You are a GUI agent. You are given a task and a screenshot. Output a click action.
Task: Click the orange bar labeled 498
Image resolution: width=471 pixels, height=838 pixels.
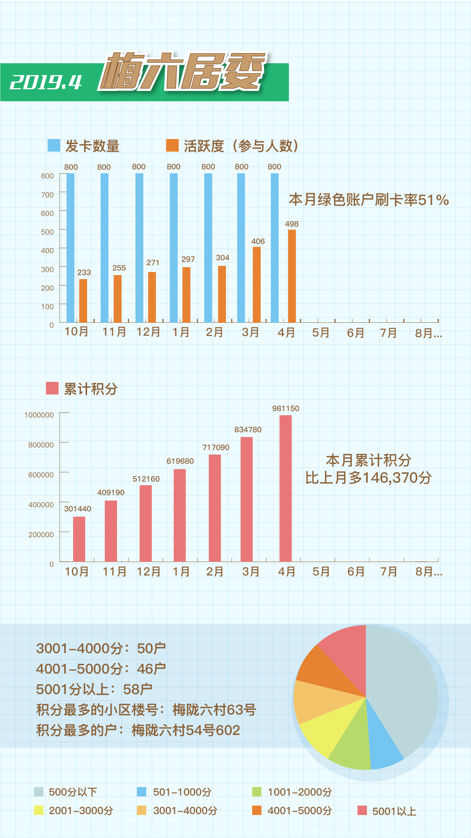[x=292, y=276]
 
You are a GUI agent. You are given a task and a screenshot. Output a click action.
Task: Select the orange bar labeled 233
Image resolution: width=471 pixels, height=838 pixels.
[x=83, y=300]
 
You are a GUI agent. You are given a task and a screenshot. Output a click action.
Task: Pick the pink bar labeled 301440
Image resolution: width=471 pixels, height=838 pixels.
[x=79, y=539]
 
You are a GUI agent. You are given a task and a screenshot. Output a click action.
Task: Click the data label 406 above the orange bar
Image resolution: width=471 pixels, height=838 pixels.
[x=258, y=241]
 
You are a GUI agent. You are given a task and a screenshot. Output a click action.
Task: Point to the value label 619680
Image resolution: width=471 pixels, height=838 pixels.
[x=180, y=461]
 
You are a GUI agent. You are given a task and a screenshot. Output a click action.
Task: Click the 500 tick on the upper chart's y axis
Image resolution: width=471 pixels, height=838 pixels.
[x=47, y=232]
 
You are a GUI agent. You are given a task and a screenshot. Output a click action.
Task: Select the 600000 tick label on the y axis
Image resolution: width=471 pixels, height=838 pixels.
[x=41, y=475]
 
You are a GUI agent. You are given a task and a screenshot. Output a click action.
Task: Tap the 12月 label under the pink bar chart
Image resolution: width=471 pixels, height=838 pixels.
[x=148, y=571]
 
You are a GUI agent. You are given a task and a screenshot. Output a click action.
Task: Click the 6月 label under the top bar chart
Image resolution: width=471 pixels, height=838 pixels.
[x=355, y=333]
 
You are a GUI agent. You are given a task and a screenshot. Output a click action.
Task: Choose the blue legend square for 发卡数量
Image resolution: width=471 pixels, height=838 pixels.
[x=54, y=145]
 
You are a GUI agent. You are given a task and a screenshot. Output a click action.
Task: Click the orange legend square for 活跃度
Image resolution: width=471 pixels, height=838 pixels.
[x=172, y=145]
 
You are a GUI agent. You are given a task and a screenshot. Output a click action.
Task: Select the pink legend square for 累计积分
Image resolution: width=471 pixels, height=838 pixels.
[x=52, y=388]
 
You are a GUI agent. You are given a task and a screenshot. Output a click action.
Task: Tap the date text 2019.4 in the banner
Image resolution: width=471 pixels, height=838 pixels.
[x=46, y=82]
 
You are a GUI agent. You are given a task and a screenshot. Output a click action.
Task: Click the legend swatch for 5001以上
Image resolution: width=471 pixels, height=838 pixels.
[x=362, y=810]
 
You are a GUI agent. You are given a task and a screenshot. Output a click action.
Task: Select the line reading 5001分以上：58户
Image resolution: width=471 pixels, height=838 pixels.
[x=94, y=689]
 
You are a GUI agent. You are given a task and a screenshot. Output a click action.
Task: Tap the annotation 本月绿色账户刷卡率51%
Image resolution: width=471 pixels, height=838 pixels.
[x=369, y=200]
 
